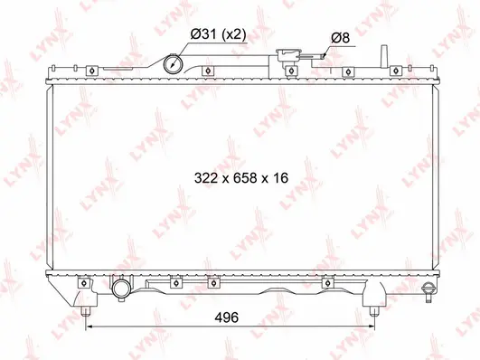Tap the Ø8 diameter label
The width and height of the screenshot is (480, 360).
(x=341, y=37)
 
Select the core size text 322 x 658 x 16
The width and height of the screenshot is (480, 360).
(x=240, y=178)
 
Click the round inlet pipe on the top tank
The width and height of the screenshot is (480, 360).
(x=173, y=64)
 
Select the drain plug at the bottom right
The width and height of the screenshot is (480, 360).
(x=429, y=289)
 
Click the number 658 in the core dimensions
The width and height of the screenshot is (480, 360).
(x=240, y=178)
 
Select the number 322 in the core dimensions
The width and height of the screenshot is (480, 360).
(x=206, y=178)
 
